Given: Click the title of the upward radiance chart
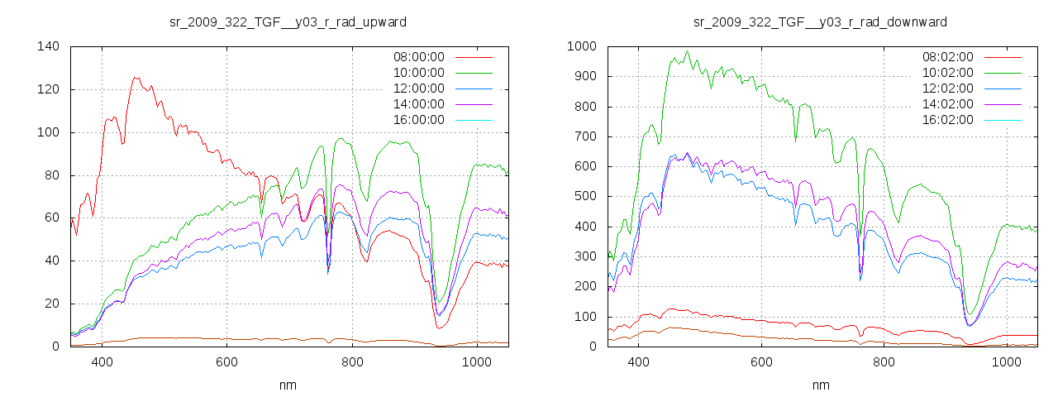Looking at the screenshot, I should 288,22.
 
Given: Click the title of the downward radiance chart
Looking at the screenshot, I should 820,22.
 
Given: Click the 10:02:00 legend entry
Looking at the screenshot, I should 947,73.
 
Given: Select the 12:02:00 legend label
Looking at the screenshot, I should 947,88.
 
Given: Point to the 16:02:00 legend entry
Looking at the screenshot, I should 947,120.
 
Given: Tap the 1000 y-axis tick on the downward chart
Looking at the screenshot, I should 581,46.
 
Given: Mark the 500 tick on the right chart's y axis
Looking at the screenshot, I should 584,197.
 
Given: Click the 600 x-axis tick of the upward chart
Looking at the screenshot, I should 226,361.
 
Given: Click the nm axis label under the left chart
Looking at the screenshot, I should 288,385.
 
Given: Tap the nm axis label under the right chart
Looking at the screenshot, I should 820,385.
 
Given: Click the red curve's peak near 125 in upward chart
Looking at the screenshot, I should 136,78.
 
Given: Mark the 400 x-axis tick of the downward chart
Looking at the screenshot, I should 638,361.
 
